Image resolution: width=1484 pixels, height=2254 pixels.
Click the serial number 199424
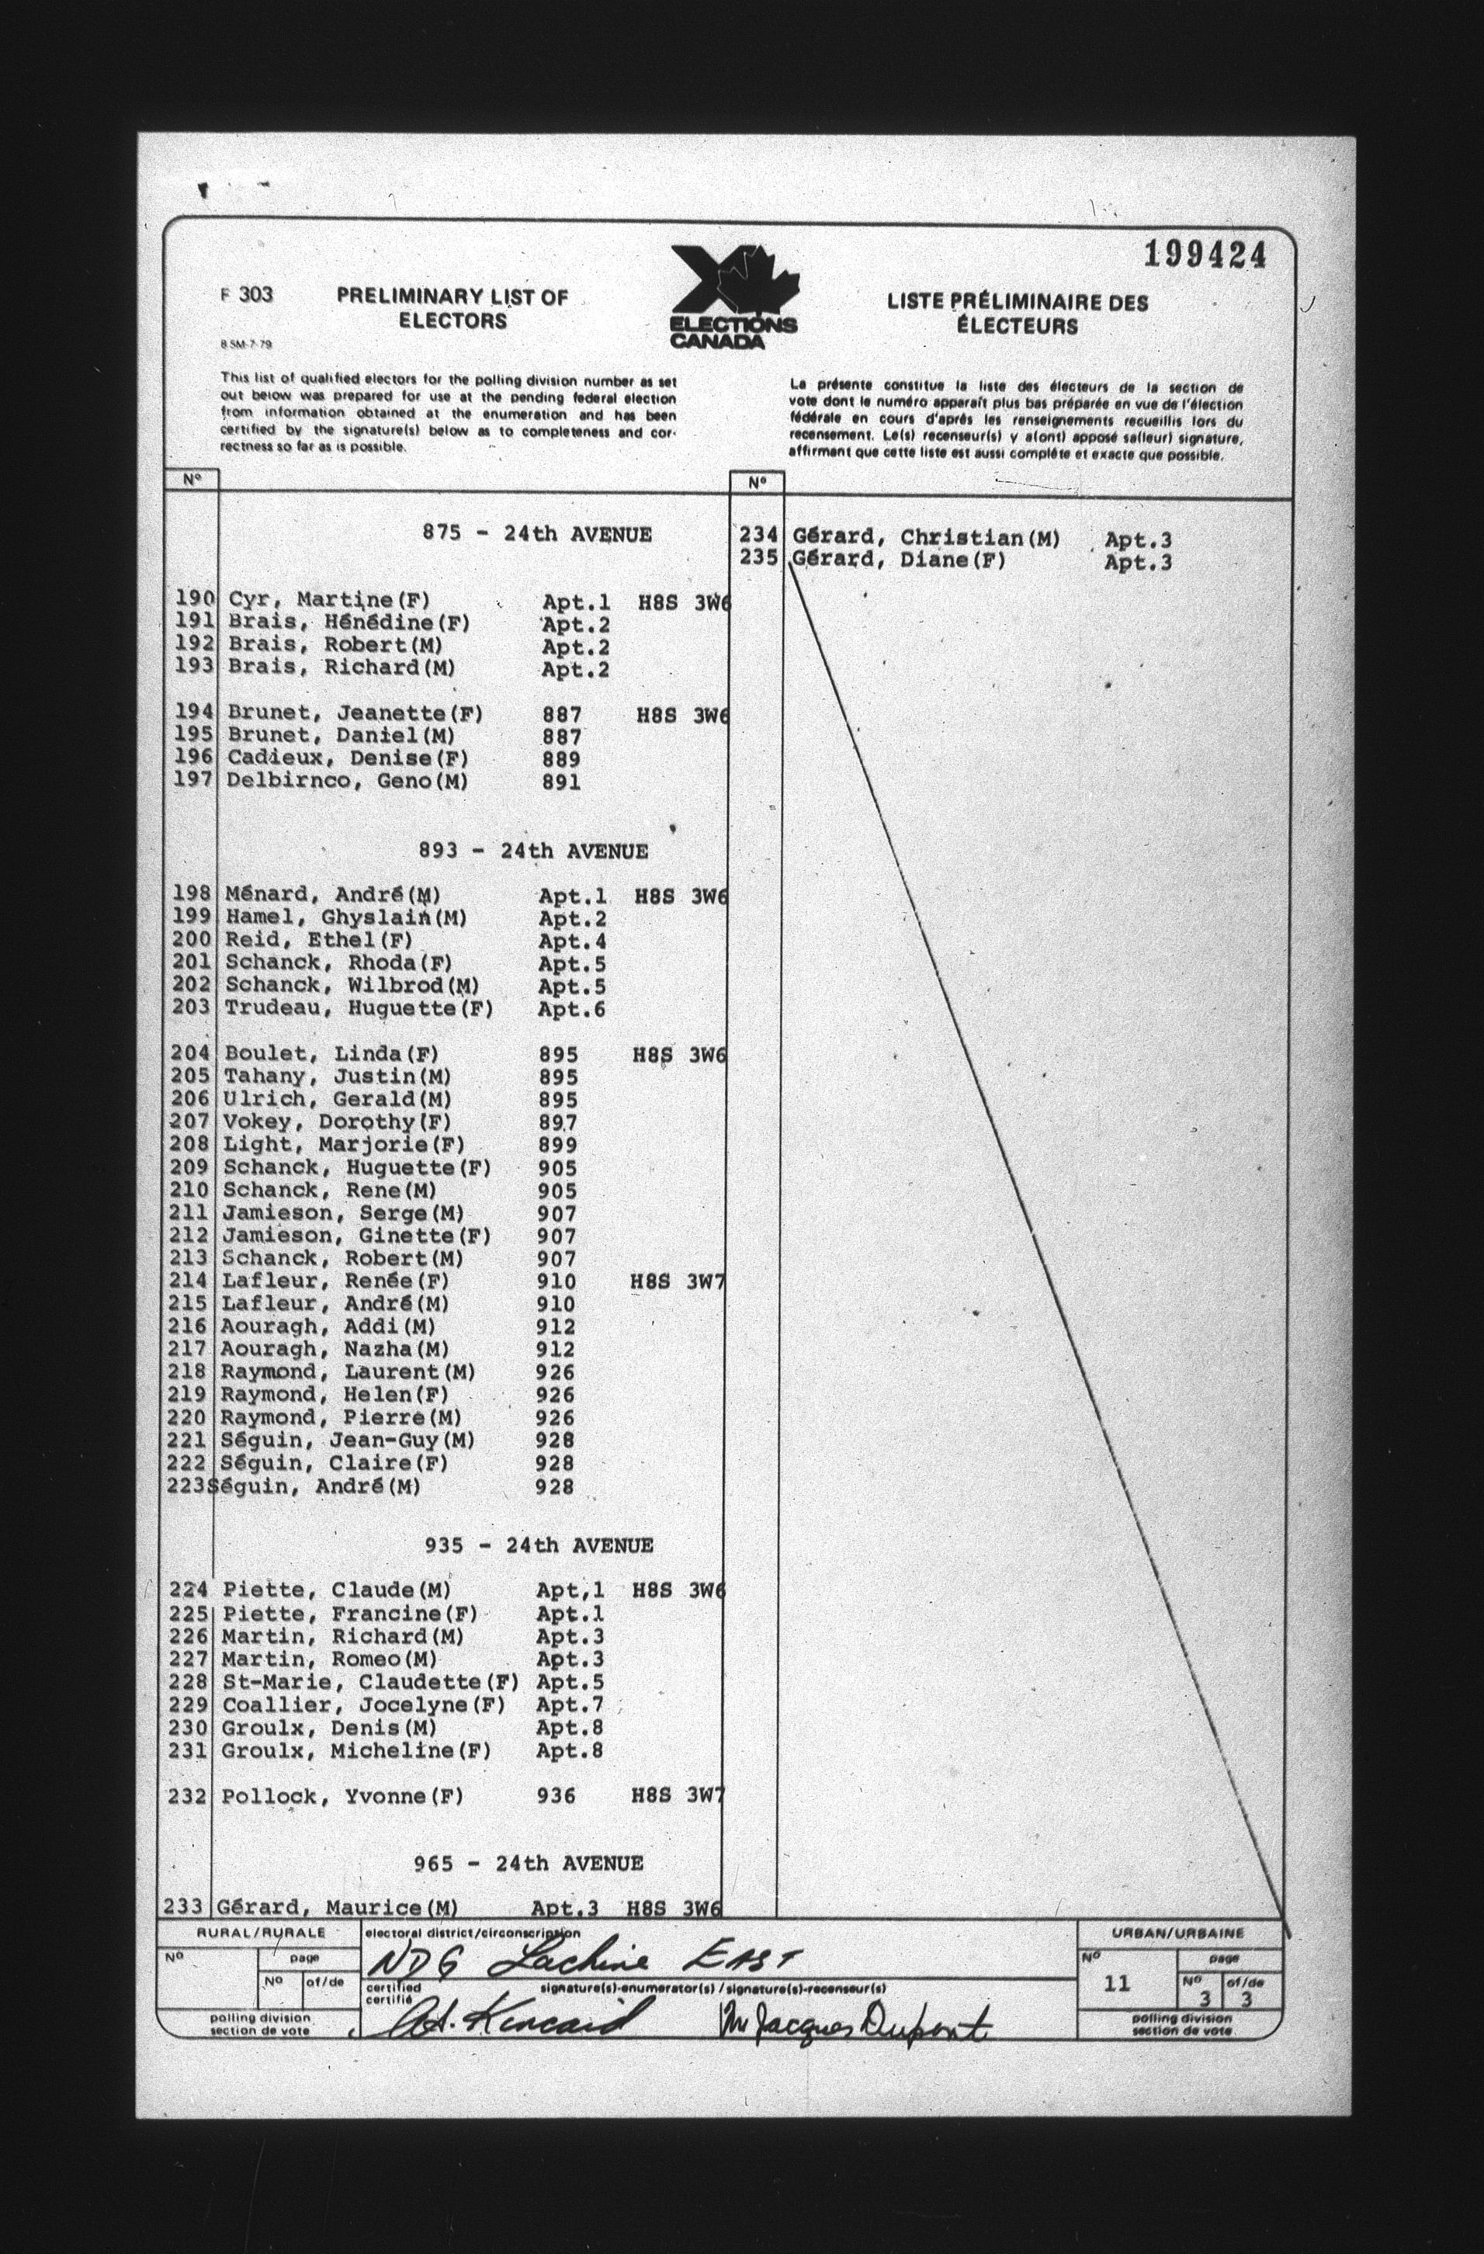pyautogui.click(x=1204, y=255)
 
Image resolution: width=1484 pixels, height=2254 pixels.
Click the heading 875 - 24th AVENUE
pyautogui.click(x=537, y=534)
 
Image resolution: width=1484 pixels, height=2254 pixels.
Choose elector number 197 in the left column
pyautogui.click(x=193, y=782)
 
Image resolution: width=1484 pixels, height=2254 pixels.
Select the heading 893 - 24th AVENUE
pyautogui.click(x=533, y=851)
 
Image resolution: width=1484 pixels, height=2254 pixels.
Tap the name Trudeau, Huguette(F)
pyautogui.click(x=359, y=1008)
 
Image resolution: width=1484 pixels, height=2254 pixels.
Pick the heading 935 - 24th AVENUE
pyautogui.click(x=539, y=1545)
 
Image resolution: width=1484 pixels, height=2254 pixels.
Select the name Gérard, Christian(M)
pyautogui.click(x=925, y=539)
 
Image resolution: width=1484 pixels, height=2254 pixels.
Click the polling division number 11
pyautogui.click(x=1118, y=1983)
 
